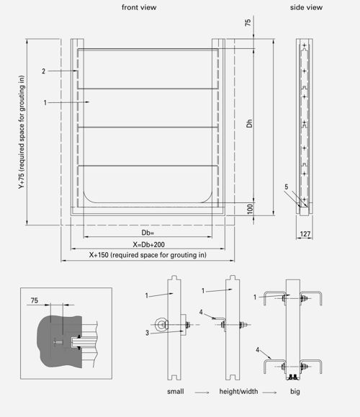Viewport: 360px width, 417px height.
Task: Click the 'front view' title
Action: (139, 7)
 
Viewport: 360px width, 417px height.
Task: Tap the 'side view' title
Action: (306, 7)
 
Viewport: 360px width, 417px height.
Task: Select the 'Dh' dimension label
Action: (249, 123)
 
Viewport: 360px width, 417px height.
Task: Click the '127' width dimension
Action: (305, 234)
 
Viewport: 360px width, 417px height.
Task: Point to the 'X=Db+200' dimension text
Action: (148, 244)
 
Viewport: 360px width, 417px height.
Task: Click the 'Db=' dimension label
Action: (148, 233)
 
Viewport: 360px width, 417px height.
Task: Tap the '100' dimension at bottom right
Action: (250, 209)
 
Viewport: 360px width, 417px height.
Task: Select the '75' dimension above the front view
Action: (248, 22)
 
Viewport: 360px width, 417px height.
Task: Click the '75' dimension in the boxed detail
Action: (35, 300)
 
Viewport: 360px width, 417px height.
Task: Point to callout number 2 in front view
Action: (44, 71)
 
